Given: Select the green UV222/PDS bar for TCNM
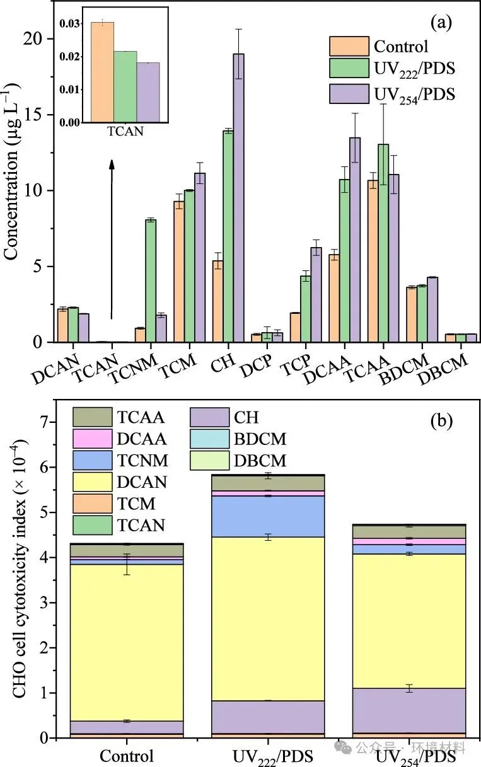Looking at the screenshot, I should click(150, 280).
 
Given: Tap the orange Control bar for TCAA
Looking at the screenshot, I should click(373, 261).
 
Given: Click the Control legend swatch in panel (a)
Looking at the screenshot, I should click(349, 46).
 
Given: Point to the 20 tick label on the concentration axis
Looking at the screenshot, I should click(34, 39).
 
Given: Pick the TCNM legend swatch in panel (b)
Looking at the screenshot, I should click(92, 459).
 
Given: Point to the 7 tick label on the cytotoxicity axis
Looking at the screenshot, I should click(44, 423).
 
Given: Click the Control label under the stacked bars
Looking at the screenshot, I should click(127, 755).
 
